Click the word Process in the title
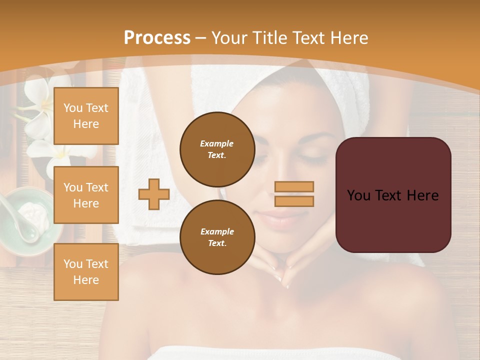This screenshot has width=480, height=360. point(157,38)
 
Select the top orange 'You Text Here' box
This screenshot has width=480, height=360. point(86,116)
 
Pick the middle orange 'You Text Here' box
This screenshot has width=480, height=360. point(86,195)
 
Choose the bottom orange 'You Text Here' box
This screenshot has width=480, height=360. point(86,272)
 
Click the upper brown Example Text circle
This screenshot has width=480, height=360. point(217,149)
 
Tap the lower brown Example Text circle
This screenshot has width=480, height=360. point(217,237)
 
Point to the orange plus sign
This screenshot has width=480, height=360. point(154,194)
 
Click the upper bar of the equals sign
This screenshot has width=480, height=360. point(294,187)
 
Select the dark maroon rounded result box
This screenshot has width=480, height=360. point(393,195)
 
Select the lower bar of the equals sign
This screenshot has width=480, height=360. point(294,201)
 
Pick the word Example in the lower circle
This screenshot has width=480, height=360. point(217,231)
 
